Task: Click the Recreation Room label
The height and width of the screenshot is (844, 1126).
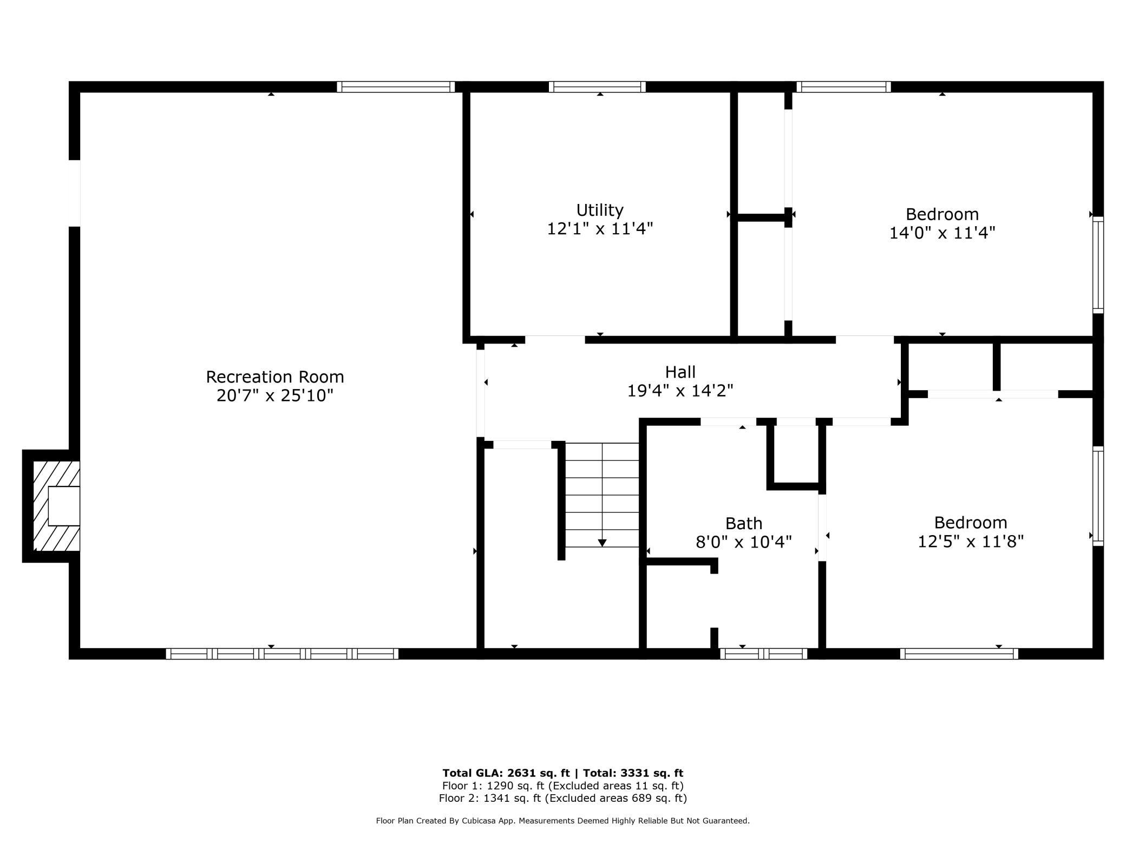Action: [274, 377]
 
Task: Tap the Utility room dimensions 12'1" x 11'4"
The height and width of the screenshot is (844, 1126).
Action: [600, 229]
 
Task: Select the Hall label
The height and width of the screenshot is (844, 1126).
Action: [680, 372]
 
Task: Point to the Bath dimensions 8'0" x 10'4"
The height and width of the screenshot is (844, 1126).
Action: [743, 542]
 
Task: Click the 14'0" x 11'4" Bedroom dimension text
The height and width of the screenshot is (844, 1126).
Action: [942, 233]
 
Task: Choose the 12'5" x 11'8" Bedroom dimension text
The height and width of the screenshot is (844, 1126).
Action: [970, 541]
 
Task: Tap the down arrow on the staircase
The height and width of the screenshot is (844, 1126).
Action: [602, 543]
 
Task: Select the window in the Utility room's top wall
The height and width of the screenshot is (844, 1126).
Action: [597, 87]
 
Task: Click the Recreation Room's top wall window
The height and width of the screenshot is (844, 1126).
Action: [396, 87]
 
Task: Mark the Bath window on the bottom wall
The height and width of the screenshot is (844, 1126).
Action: [763, 654]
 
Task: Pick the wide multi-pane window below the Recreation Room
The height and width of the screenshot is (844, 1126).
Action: [282, 654]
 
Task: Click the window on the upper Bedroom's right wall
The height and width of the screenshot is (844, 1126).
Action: [1098, 265]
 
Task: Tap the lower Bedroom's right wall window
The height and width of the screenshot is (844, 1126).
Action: [1098, 496]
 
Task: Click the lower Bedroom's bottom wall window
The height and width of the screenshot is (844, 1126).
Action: [959, 654]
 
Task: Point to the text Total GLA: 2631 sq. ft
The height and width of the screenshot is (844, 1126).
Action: [506, 773]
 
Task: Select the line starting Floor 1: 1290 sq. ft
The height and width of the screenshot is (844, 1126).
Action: [562, 786]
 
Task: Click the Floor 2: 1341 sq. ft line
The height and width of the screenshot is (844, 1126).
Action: [562, 798]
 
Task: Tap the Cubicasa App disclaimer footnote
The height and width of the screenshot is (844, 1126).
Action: [562, 821]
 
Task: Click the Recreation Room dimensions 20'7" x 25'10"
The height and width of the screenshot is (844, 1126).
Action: [274, 396]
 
